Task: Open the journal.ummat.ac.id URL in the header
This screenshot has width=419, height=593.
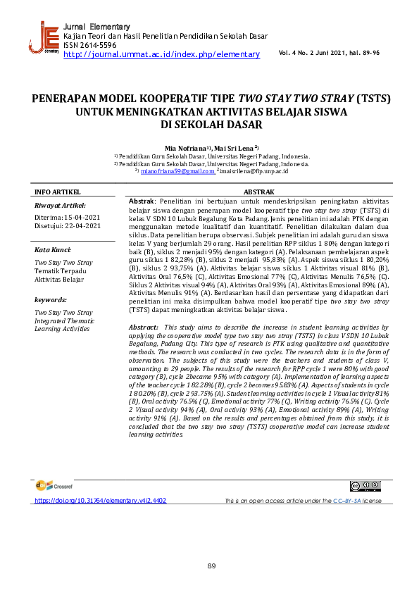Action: tap(161, 54)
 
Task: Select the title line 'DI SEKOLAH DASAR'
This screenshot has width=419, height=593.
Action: tap(209, 125)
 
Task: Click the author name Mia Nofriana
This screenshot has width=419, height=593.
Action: tap(185, 148)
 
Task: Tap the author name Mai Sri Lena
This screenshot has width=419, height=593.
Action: tap(237, 148)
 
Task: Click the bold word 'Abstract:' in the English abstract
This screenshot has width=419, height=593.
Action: tap(144, 328)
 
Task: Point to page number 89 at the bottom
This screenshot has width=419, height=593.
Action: tap(211, 568)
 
